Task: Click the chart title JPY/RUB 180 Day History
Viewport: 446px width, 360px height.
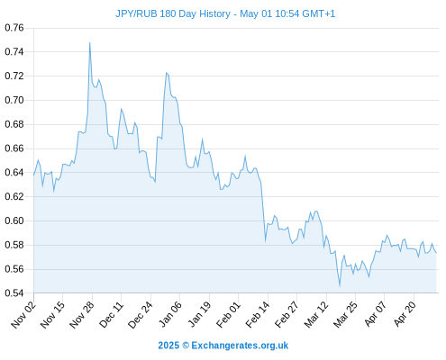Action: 173,13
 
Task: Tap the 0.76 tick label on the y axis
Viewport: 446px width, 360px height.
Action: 14,28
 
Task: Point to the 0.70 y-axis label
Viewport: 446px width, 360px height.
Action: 14,100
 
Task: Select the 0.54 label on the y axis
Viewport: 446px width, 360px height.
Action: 14,293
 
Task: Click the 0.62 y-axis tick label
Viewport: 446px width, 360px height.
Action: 14,197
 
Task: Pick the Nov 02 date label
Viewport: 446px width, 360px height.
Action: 23,314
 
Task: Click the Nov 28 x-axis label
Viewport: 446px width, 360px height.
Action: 82,314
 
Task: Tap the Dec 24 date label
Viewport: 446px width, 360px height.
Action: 141,314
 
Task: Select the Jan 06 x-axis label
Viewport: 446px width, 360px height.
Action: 169,314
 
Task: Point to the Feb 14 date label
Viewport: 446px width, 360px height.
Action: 258,314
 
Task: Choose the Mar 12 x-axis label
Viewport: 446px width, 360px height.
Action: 316,314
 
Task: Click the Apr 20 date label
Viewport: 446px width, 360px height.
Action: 405,314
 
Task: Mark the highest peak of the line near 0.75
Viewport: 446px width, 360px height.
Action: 90,43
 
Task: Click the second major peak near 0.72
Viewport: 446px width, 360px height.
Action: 167,73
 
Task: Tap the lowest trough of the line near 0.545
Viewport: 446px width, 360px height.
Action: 340,286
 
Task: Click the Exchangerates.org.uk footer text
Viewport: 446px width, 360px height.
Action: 240,346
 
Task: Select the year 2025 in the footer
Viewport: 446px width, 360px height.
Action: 168,346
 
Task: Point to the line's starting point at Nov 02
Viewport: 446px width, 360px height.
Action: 33,175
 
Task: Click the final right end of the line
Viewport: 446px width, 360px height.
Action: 436,253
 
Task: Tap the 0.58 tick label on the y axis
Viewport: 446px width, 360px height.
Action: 14,245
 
